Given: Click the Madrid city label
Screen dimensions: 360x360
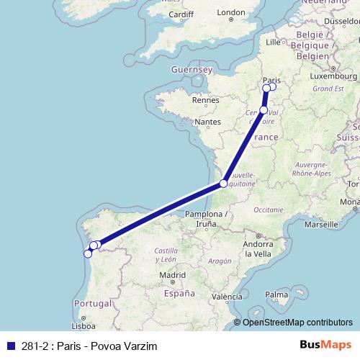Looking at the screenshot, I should pos(173,274).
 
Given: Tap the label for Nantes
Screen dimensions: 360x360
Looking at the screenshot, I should pos(207,122).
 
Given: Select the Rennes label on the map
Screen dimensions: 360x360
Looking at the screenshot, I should pos(205,100).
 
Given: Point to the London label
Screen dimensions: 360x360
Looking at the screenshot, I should pos(231,12).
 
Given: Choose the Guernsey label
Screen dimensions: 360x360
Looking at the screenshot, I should pos(192,70).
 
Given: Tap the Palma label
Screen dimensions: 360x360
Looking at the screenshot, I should pos(276,294).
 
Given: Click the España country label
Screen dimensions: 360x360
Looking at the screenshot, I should pos(179,294).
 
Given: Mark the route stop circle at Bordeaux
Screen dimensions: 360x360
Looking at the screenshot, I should pos(224,184).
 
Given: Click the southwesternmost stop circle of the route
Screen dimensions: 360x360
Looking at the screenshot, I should pos(88,253).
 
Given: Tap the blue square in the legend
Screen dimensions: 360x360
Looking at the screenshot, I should pos(8,345).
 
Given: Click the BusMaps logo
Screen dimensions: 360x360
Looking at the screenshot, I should pos(325,345).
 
